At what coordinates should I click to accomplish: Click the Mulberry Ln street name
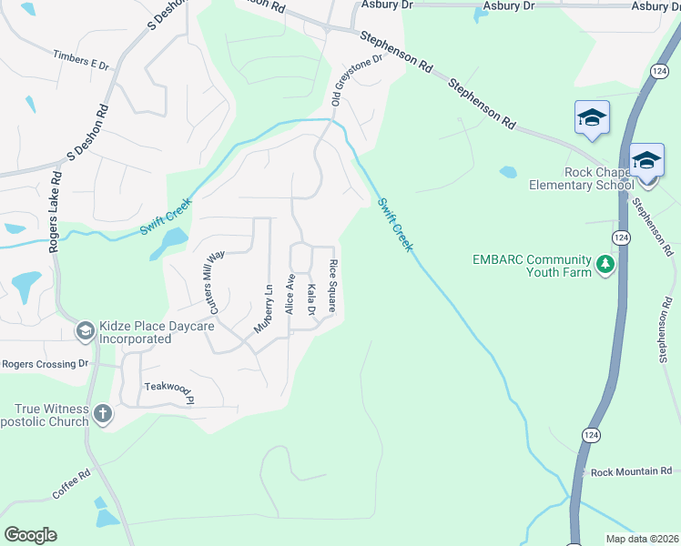click(263, 309)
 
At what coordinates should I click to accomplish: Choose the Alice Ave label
click(290, 293)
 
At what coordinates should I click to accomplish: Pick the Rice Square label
click(333, 285)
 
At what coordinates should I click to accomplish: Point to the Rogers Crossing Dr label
click(45, 363)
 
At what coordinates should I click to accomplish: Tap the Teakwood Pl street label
click(169, 392)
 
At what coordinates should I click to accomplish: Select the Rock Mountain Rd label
click(631, 472)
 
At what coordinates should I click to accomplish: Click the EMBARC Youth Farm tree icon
click(603, 265)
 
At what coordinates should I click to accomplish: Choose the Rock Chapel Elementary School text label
click(582, 178)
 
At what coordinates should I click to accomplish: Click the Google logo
click(31, 534)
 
